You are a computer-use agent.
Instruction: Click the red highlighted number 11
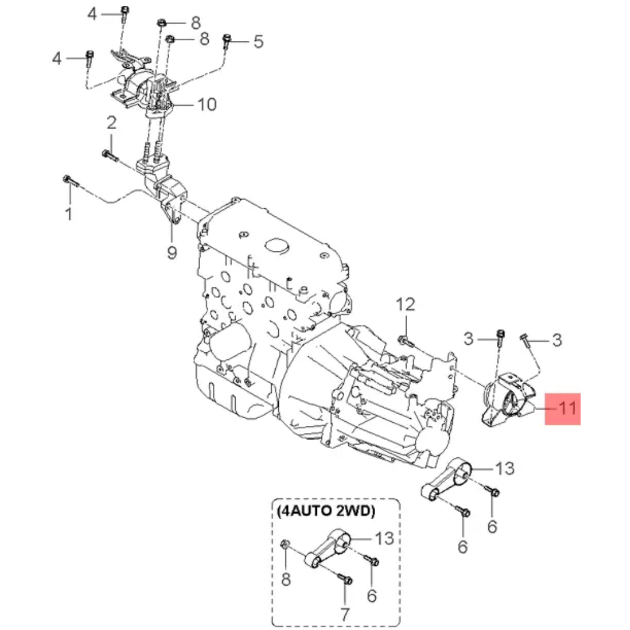pos(563,408)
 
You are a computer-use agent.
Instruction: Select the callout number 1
pos(69,213)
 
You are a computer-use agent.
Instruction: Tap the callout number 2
pos(111,123)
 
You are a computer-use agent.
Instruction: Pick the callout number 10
pos(206,104)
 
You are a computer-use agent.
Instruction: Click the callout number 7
pos(344,614)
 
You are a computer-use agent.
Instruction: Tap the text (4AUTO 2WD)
pos(326,512)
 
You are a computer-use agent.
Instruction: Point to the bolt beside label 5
pos(228,41)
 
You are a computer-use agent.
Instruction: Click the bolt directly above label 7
pos(345,579)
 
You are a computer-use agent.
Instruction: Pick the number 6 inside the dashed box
pos(372,596)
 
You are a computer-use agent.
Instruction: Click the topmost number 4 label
pos(92,14)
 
